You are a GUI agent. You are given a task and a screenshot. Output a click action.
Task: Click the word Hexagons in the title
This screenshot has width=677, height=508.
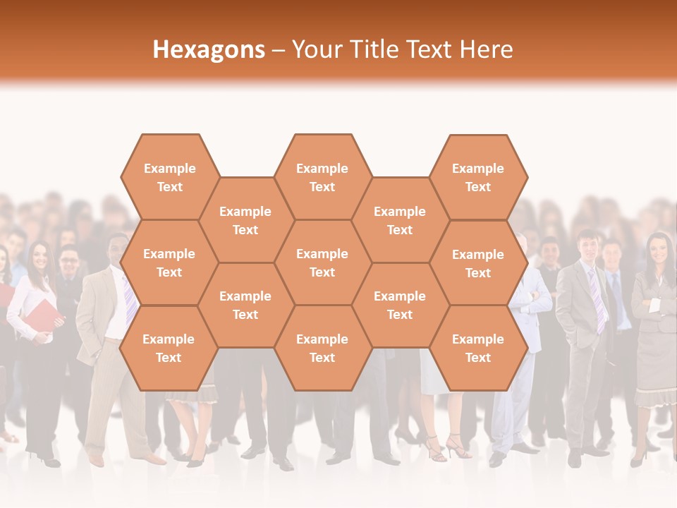[x=209, y=49]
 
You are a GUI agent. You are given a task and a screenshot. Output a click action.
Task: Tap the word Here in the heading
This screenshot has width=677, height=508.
[x=486, y=49]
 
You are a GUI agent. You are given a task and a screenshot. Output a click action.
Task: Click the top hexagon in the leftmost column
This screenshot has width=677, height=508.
[x=169, y=177]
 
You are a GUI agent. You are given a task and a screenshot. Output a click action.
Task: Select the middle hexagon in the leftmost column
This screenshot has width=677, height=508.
[x=169, y=262]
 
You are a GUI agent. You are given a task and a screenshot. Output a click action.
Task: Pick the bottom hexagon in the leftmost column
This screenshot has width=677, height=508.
[x=169, y=348]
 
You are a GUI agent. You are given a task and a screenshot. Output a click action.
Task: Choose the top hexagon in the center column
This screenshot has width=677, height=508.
[x=322, y=177]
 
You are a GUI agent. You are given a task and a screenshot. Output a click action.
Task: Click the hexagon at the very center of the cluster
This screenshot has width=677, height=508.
[x=322, y=262]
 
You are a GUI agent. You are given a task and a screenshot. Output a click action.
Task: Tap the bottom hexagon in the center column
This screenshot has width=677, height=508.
[x=322, y=348]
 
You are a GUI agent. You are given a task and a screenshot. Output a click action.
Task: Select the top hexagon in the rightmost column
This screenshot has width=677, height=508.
[x=478, y=177]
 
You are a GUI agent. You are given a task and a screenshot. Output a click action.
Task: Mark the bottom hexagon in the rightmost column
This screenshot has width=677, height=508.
[x=478, y=348]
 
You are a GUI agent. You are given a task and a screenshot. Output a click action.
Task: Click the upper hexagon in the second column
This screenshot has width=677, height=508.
[x=245, y=220]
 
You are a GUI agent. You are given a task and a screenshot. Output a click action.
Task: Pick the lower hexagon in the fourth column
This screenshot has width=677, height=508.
[x=400, y=305]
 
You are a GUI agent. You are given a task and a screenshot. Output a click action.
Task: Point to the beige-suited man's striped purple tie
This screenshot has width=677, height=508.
[x=130, y=300]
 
